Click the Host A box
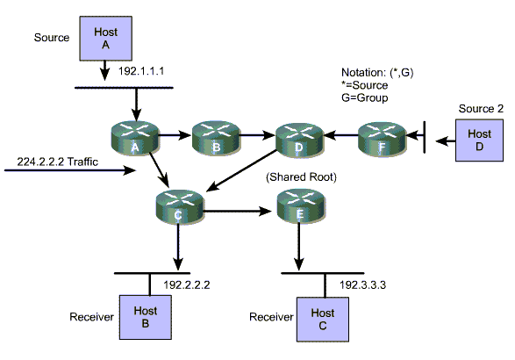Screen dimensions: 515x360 pos(106,39)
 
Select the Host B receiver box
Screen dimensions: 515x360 pos(145,317)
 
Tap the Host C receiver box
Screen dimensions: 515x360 pos(323,320)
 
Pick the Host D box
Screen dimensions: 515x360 pos(479,140)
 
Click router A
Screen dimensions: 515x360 pos(135,138)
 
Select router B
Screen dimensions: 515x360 pos(216,138)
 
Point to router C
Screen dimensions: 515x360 pos(179,207)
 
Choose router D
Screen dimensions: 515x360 pos(299,140)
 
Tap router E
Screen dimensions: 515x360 pos(301,206)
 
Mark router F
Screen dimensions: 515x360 pos(382,139)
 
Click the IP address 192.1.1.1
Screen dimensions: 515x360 pos(141,71)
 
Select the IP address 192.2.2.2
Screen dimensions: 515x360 pos(187,284)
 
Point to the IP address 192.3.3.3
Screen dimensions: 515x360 pos(362,284)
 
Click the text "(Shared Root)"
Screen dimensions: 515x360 pos(301,177)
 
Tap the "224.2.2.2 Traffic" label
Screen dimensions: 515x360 pos(58,162)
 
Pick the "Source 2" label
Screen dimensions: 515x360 pos(481,109)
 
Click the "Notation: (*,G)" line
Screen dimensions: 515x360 pos(377,72)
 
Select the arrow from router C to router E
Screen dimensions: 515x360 pos(238,211)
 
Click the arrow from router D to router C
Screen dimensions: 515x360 pos(242,170)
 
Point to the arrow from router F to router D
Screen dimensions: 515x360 pos(340,135)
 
